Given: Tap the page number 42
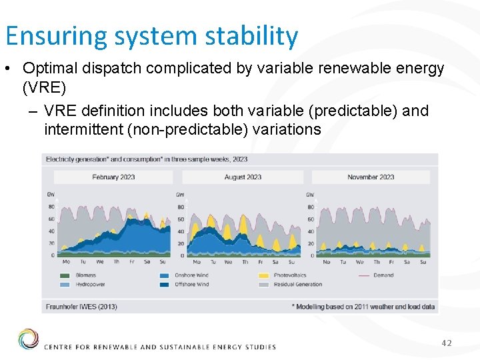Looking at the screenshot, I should [446, 343].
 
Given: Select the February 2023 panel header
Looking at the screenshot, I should [113, 177].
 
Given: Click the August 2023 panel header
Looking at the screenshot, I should [243, 177].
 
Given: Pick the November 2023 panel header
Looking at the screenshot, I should [371, 177].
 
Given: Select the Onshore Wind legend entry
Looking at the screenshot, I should [189, 275].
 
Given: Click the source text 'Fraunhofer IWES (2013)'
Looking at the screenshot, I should [81, 307].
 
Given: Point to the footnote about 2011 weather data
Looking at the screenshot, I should [363, 307].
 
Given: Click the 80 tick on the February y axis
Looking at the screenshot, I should [51, 207].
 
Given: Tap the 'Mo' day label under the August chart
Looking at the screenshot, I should [196, 262].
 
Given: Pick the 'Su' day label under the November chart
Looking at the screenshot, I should [423, 262].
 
